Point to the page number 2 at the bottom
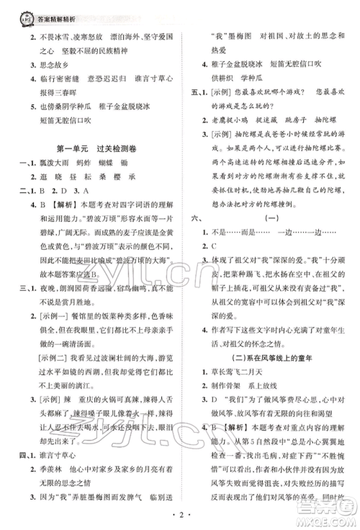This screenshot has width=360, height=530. pyautogui.click(x=179, y=514)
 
